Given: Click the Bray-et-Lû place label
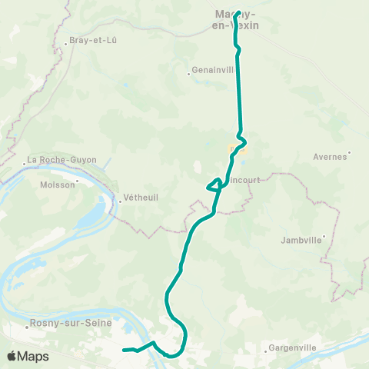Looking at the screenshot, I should click(92, 39).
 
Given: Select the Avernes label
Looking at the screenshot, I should click(331, 156).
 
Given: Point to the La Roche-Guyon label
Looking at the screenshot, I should click(61, 160).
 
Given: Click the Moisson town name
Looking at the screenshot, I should click(53, 184).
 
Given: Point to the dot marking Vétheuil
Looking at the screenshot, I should click(121, 203).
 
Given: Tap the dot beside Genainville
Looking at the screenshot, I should click(189, 75).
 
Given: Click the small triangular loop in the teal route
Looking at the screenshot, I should click(214, 184).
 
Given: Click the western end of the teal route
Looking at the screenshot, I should click(124, 350).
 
